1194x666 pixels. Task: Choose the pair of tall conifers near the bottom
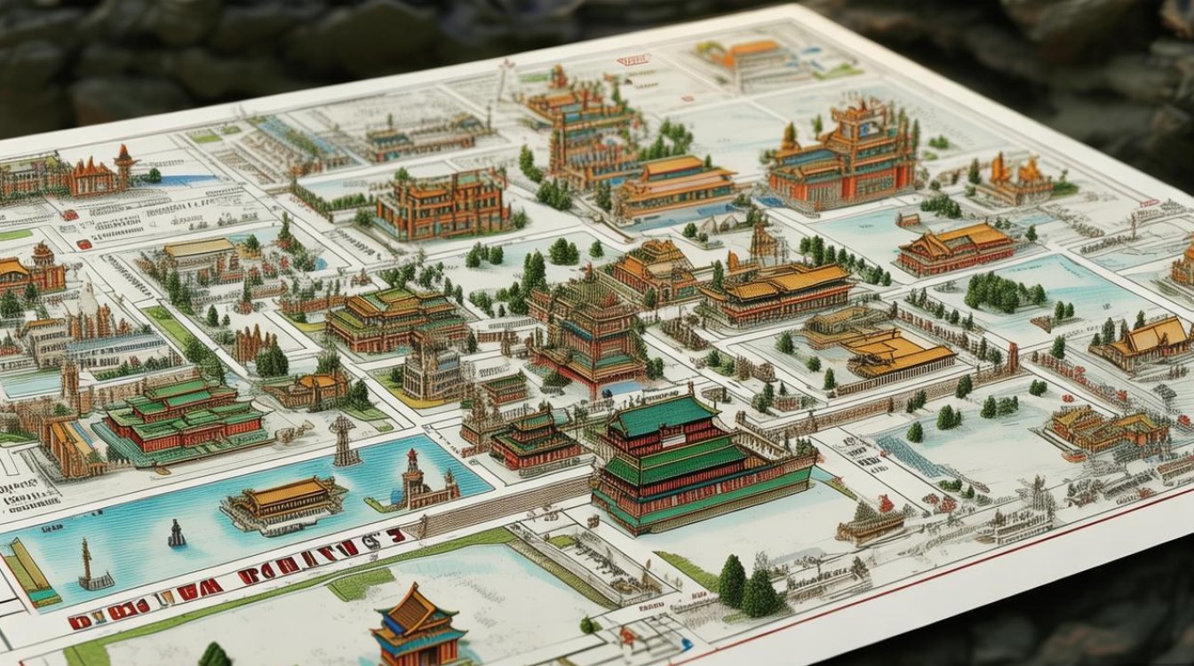[x=746, y=586]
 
